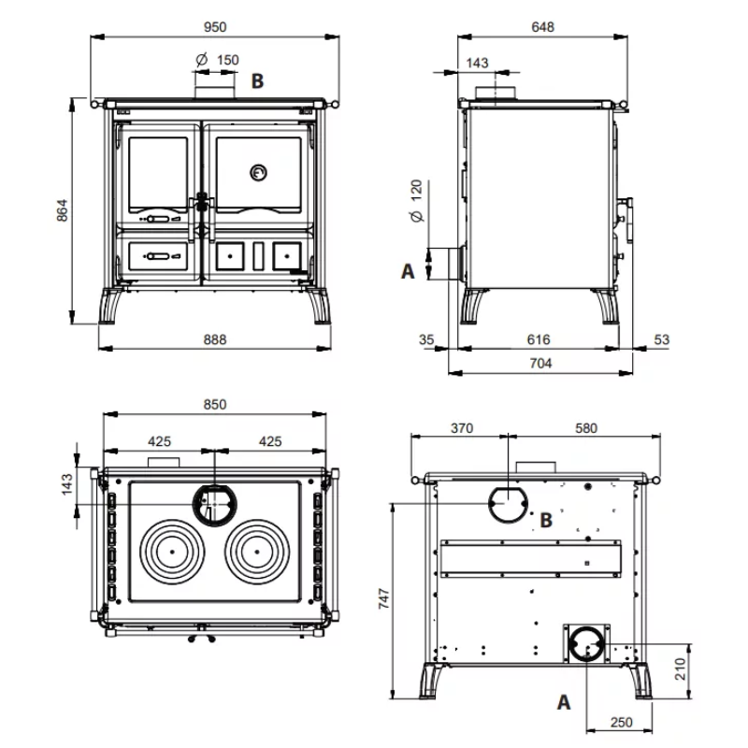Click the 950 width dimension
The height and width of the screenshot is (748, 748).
[x=215, y=27]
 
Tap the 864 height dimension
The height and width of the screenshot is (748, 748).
[x=63, y=210]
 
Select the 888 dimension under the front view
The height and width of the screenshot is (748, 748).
[x=215, y=339]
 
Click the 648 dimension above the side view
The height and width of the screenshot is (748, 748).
[x=543, y=27]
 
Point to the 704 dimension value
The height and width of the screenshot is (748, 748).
[x=541, y=364]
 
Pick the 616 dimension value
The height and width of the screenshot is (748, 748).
[x=539, y=339]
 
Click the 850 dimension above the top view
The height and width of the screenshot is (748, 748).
[x=215, y=405]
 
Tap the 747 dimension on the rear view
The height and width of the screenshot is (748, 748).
[x=384, y=598]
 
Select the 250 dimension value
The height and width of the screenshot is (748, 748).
[x=622, y=723]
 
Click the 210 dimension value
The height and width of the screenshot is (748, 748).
[x=681, y=669]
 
